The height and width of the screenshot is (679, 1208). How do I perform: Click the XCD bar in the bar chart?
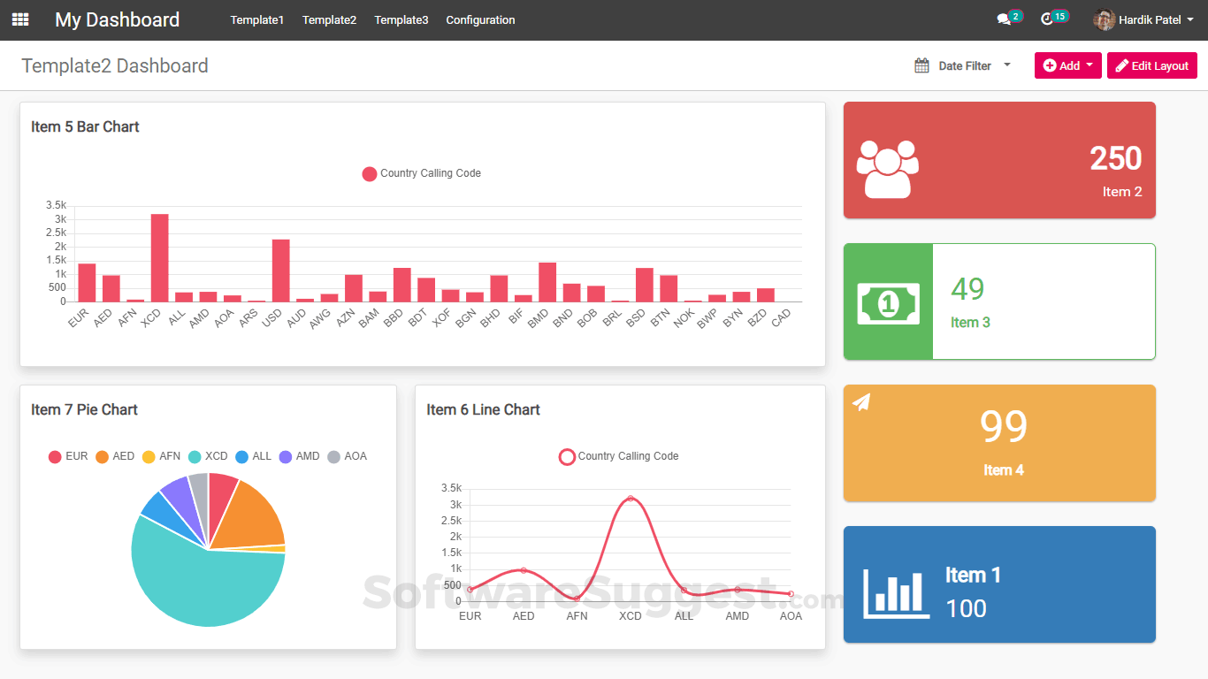159,258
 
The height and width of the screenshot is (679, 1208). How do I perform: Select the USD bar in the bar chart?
280,271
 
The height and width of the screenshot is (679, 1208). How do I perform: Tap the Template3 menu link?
401,20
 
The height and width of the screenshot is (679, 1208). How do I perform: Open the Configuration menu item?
480,20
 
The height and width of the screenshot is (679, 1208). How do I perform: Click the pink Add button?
1067,65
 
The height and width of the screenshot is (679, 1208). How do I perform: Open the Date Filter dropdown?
963,65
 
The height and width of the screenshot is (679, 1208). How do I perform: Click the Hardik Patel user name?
1149,19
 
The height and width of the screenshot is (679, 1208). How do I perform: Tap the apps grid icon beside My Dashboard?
20,19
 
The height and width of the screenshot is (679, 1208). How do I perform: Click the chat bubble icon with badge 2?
1004,19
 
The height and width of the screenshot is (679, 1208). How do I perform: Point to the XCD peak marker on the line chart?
631,499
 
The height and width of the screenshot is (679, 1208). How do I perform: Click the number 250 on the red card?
1115,158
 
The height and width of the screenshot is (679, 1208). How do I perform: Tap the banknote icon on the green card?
888,303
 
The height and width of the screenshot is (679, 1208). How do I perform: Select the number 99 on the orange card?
1003,426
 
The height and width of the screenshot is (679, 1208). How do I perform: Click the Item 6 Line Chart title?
483,409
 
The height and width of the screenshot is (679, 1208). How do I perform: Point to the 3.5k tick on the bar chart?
56,205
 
